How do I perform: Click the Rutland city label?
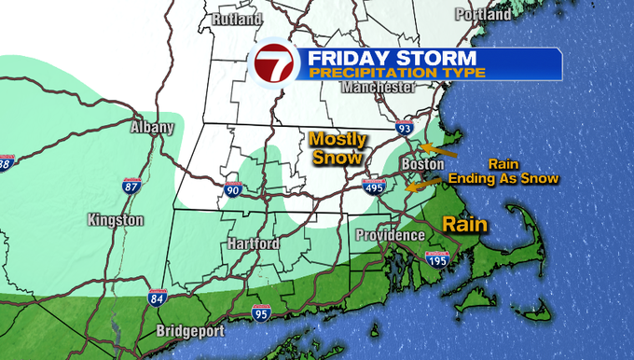point(236,19)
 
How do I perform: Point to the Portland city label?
point(482,14)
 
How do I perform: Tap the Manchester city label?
point(377,87)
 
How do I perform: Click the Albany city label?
point(152,127)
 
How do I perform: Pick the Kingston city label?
point(115,220)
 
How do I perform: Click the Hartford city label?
point(253,243)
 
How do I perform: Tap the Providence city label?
point(390,235)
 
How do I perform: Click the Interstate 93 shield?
point(403,129)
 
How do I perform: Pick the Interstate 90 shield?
point(233,190)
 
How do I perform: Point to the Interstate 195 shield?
point(437,259)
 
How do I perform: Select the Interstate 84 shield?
point(158,298)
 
